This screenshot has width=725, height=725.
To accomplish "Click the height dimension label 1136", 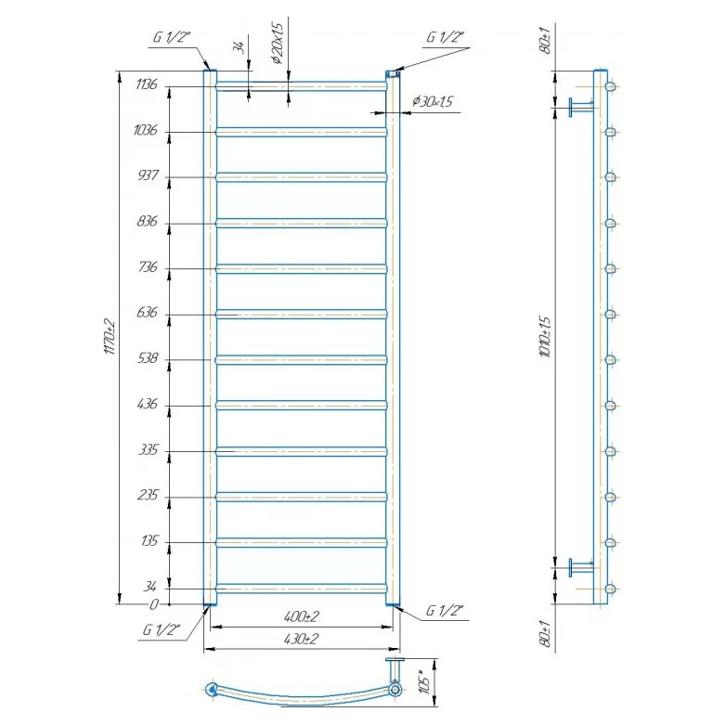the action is pos(147,84).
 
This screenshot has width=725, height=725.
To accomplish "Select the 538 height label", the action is pos(148,358).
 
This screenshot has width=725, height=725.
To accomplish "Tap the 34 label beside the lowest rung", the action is pos(149,587).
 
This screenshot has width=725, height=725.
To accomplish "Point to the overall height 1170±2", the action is pos(110,337).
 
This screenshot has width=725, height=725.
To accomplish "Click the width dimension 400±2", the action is pos(302,616).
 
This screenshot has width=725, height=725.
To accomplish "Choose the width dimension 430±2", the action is pos(302,639).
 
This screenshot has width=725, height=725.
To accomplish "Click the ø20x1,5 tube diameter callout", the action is pos(278,44).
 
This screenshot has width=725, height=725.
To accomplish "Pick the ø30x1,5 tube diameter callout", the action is pos(433,101).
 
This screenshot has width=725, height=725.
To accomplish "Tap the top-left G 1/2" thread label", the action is pos(172,37).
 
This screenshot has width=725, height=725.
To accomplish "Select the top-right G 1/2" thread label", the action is pos(445,37).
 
